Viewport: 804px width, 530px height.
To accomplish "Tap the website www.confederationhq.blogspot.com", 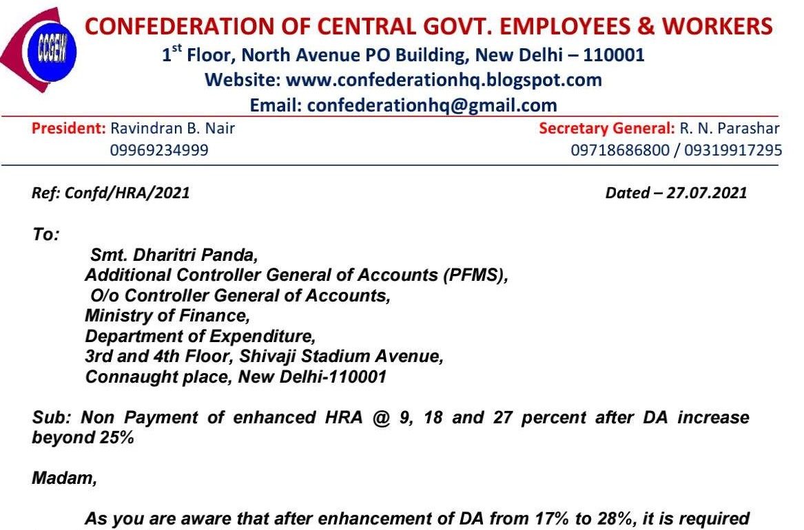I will click(x=444, y=80).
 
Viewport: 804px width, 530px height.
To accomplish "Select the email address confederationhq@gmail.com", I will click(x=431, y=105).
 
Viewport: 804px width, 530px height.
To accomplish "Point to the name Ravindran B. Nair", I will click(x=173, y=129).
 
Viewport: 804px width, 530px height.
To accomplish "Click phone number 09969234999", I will click(x=159, y=149).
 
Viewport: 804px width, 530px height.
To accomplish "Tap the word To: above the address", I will click(x=46, y=234).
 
